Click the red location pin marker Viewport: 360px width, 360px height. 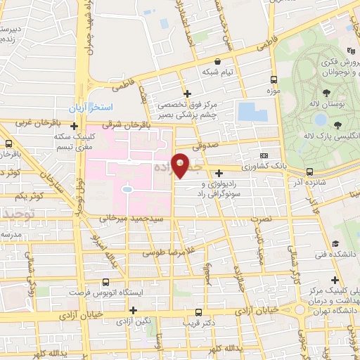pyautogui.click(x=181, y=165)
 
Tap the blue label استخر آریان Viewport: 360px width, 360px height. pyautogui.click(x=86, y=109)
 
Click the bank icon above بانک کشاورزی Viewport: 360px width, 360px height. pyautogui.click(x=264, y=156)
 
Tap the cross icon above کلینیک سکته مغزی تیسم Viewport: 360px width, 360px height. pyautogui.click(x=74, y=127)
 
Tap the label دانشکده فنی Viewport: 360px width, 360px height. pyautogui.click(x=335, y=254)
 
